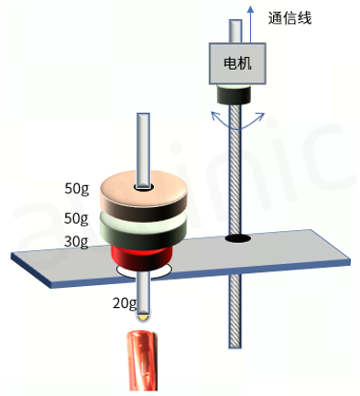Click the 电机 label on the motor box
point(237,64)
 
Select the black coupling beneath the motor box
point(236,93)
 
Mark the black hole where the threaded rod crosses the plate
point(239,240)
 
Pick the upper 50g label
point(76,191)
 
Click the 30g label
point(76,241)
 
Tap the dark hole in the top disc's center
point(143,188)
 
